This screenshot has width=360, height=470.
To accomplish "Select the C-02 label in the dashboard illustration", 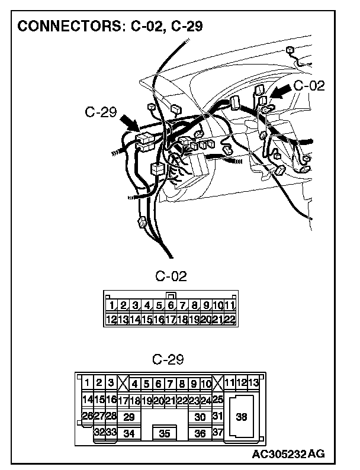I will tap(308, 85).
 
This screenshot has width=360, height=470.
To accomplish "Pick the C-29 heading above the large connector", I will tap(168, 359).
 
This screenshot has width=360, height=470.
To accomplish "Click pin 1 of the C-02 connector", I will tap(111, 306).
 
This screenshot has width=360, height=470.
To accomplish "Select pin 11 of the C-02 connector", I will tap(230, 306).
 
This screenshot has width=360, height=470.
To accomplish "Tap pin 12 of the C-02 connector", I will tap(111, 320).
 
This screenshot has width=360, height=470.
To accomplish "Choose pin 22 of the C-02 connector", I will tap(230, 320).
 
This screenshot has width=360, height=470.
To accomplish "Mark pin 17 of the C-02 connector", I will tap(171, 320).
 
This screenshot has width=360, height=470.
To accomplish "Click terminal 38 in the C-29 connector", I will tap(241, 417).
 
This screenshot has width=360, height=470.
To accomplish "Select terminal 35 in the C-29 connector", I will tap(165, 434).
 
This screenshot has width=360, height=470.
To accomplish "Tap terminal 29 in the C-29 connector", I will tap(128, 417).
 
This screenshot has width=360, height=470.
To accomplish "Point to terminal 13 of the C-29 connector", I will tap(253, 382).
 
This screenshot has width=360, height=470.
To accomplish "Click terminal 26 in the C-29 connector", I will tap(87, 416).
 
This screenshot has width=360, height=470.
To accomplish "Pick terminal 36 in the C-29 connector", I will tap(200, 434).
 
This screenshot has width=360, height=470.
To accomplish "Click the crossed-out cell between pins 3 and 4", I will tap(123, 383).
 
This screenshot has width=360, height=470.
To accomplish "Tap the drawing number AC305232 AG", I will tap(288, 454).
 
